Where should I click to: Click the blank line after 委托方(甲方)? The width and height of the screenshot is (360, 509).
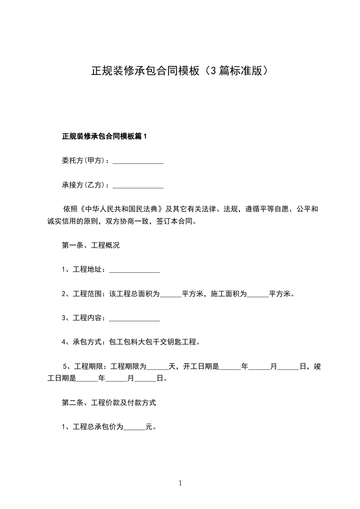click(138, 161)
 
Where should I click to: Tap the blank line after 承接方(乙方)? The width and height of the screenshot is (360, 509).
click(138, 186)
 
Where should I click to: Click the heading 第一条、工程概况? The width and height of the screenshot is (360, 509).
click(90, 245)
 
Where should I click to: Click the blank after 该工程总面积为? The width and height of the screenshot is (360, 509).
click(171, 294)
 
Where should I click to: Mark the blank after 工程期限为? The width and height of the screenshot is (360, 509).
click(158, 367)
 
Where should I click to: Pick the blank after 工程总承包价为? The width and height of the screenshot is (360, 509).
click(134, 427)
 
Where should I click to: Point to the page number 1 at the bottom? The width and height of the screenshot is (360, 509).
click(180, 484)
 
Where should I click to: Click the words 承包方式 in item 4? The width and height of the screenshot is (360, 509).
click(87, 342)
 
